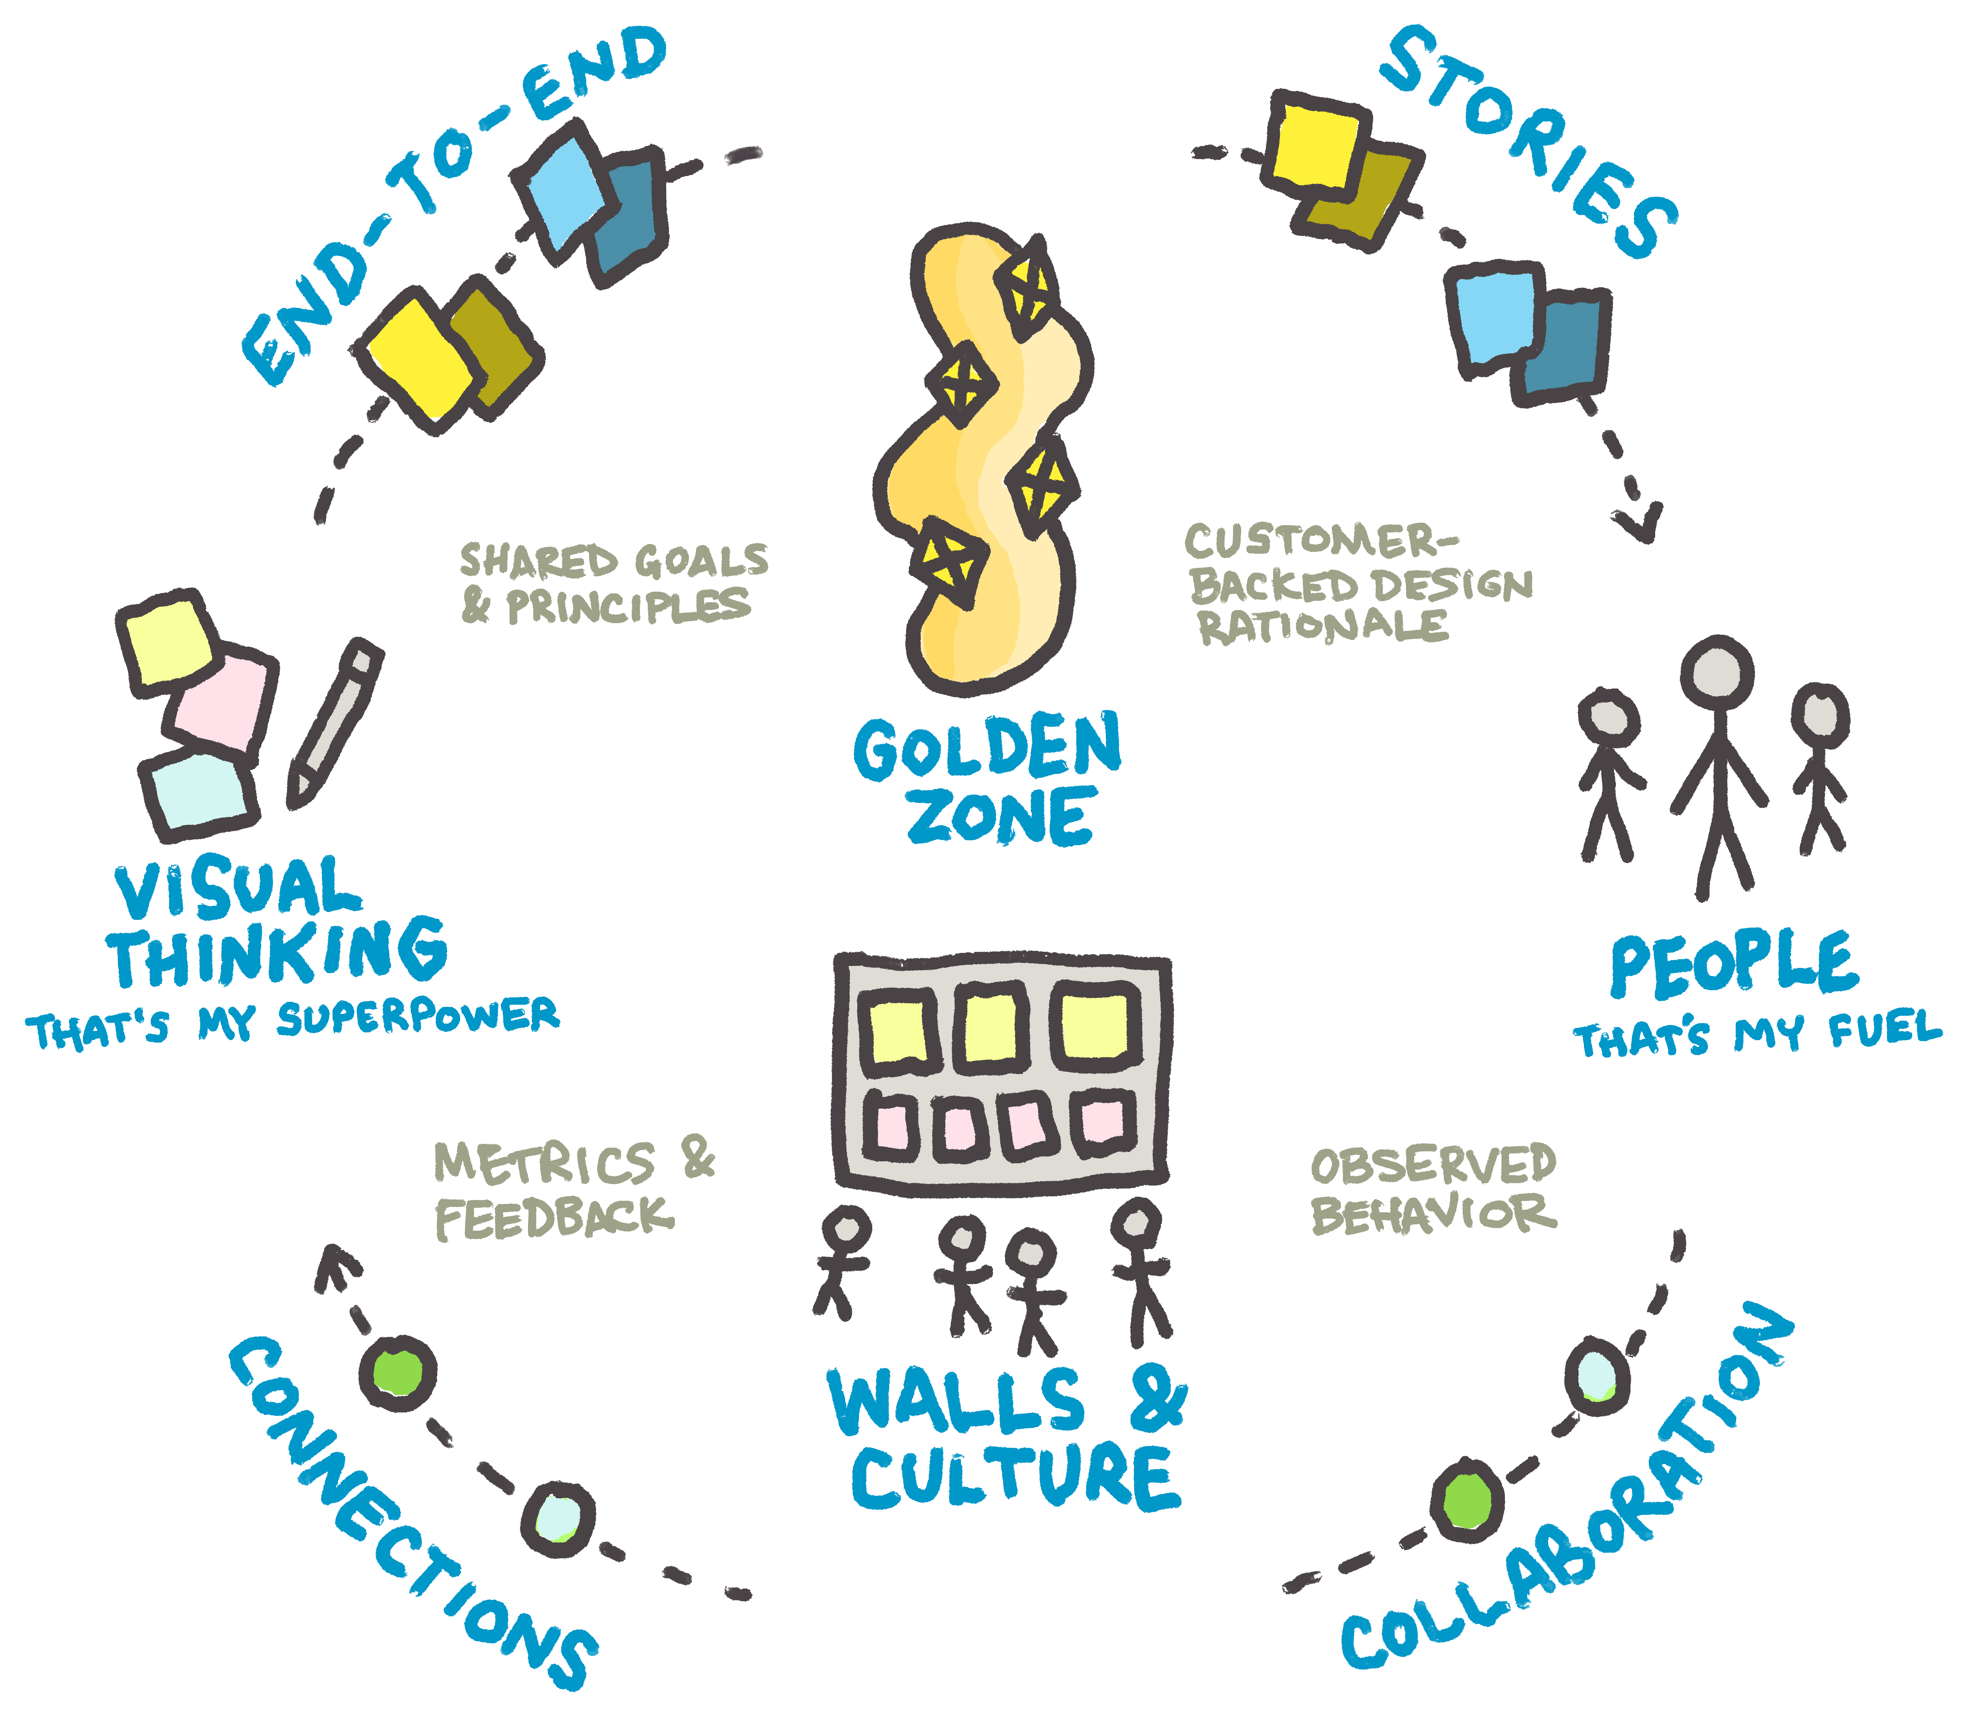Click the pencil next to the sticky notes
335,723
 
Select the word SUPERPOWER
419,1018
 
